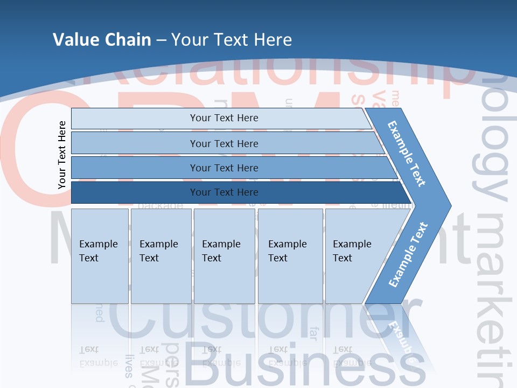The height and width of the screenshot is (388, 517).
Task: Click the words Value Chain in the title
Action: [x=102, y=39]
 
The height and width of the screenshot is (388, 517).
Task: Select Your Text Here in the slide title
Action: [x=232, y=39]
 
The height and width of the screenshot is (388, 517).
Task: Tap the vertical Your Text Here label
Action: [x=62, y=155]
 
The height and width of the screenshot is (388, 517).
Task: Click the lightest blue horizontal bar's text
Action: [x=224, y=118]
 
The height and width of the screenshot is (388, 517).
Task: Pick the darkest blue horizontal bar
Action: [x=224, y=192]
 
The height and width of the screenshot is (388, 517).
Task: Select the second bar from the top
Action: [x=224, y=143]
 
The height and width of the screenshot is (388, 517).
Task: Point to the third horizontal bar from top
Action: [x=224, y=168]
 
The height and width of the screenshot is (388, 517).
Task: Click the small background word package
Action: [x=160, y=206]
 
